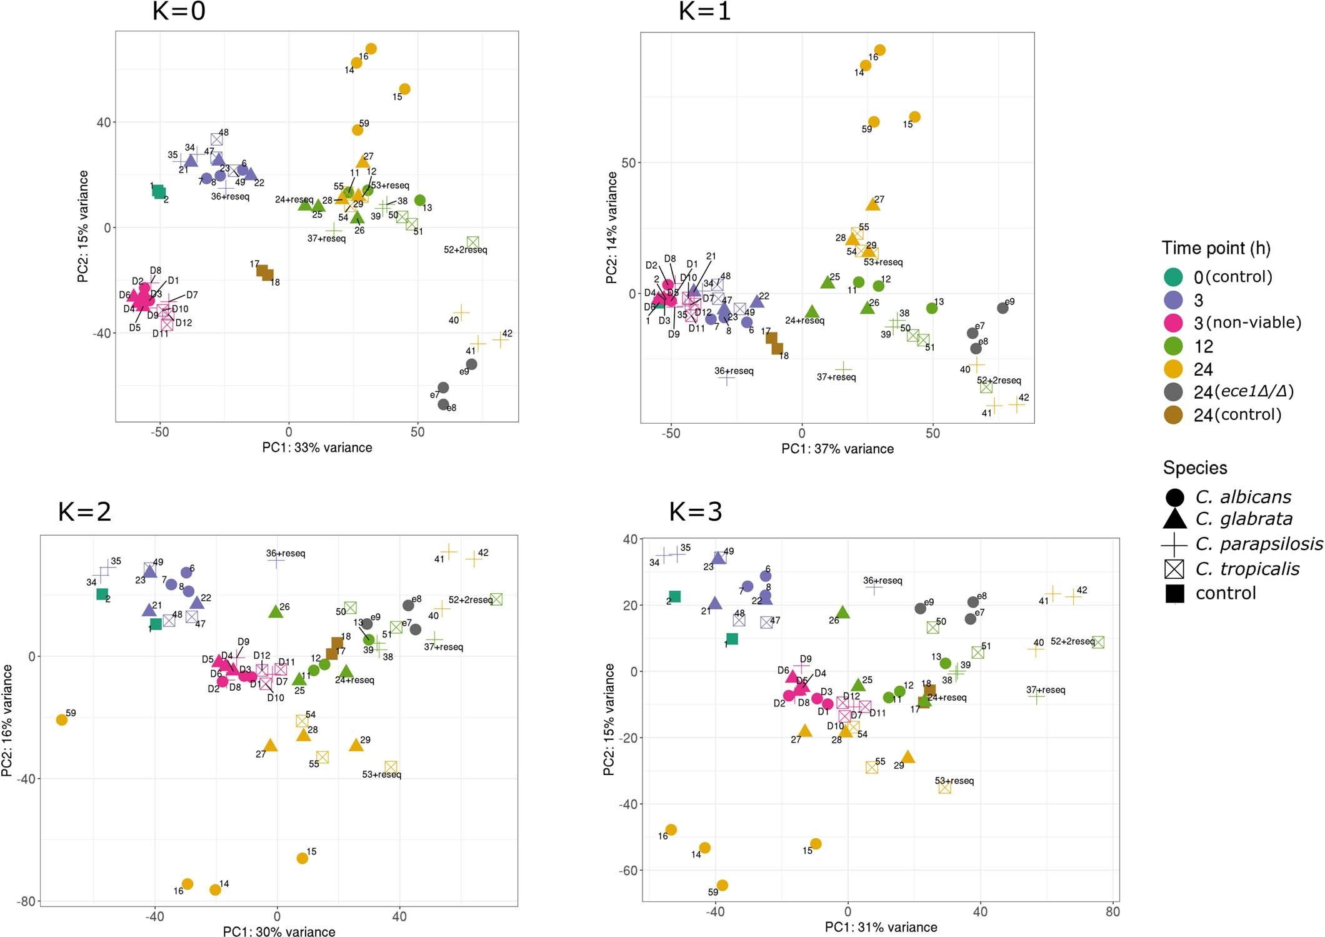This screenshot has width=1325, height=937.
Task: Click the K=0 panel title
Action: point(179,11)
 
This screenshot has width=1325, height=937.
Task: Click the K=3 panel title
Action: point(695,511)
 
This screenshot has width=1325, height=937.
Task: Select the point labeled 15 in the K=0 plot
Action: point(404,89)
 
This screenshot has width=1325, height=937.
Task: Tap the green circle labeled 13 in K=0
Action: point(420,200)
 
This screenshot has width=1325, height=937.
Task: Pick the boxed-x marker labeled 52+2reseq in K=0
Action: point(472,242)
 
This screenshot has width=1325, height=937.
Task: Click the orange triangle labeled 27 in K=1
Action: point(872,204)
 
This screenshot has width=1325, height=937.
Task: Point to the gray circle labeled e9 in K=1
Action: point(1002,308)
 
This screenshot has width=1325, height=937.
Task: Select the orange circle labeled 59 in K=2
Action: point(61,719)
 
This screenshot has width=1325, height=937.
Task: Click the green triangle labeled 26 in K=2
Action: point(275,611)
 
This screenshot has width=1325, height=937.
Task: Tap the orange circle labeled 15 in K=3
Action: point(816,843)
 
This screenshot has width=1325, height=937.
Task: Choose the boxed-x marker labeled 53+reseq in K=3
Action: point(945,788)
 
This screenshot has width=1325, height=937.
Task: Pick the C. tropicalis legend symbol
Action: point(1174,569)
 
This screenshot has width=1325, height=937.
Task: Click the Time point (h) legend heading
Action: point(1216,248)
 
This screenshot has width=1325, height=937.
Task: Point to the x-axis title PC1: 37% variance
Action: point(837,448)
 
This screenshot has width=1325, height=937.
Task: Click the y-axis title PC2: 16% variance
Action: point(7,720)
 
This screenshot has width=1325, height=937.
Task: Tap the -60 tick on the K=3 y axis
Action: point(627,870)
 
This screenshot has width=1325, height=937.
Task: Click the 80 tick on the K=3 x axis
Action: point(1112,911)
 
